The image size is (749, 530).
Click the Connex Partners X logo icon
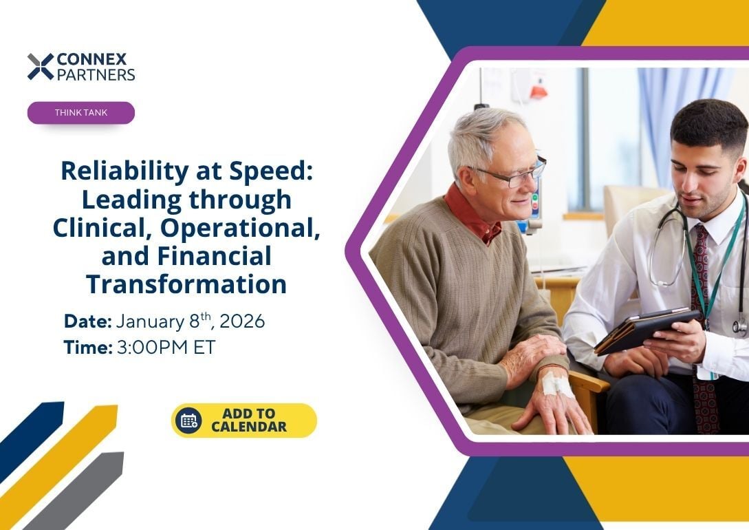click(x=41, y=67)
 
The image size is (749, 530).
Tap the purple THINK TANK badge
click(x=81, y=113)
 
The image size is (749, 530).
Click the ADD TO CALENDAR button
click(x=244, y=421)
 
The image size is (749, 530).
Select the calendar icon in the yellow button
click(x=188, y=421)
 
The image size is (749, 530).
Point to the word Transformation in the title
click(x=186, y=284)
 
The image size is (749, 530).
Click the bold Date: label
click(x=87, y=321)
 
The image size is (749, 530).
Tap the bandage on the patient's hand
click(x=557, y=383)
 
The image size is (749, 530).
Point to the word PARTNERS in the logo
click(x=96, y=74)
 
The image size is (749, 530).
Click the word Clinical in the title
click(x=96, y=228)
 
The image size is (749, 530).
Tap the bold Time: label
click(x=87, y=348)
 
